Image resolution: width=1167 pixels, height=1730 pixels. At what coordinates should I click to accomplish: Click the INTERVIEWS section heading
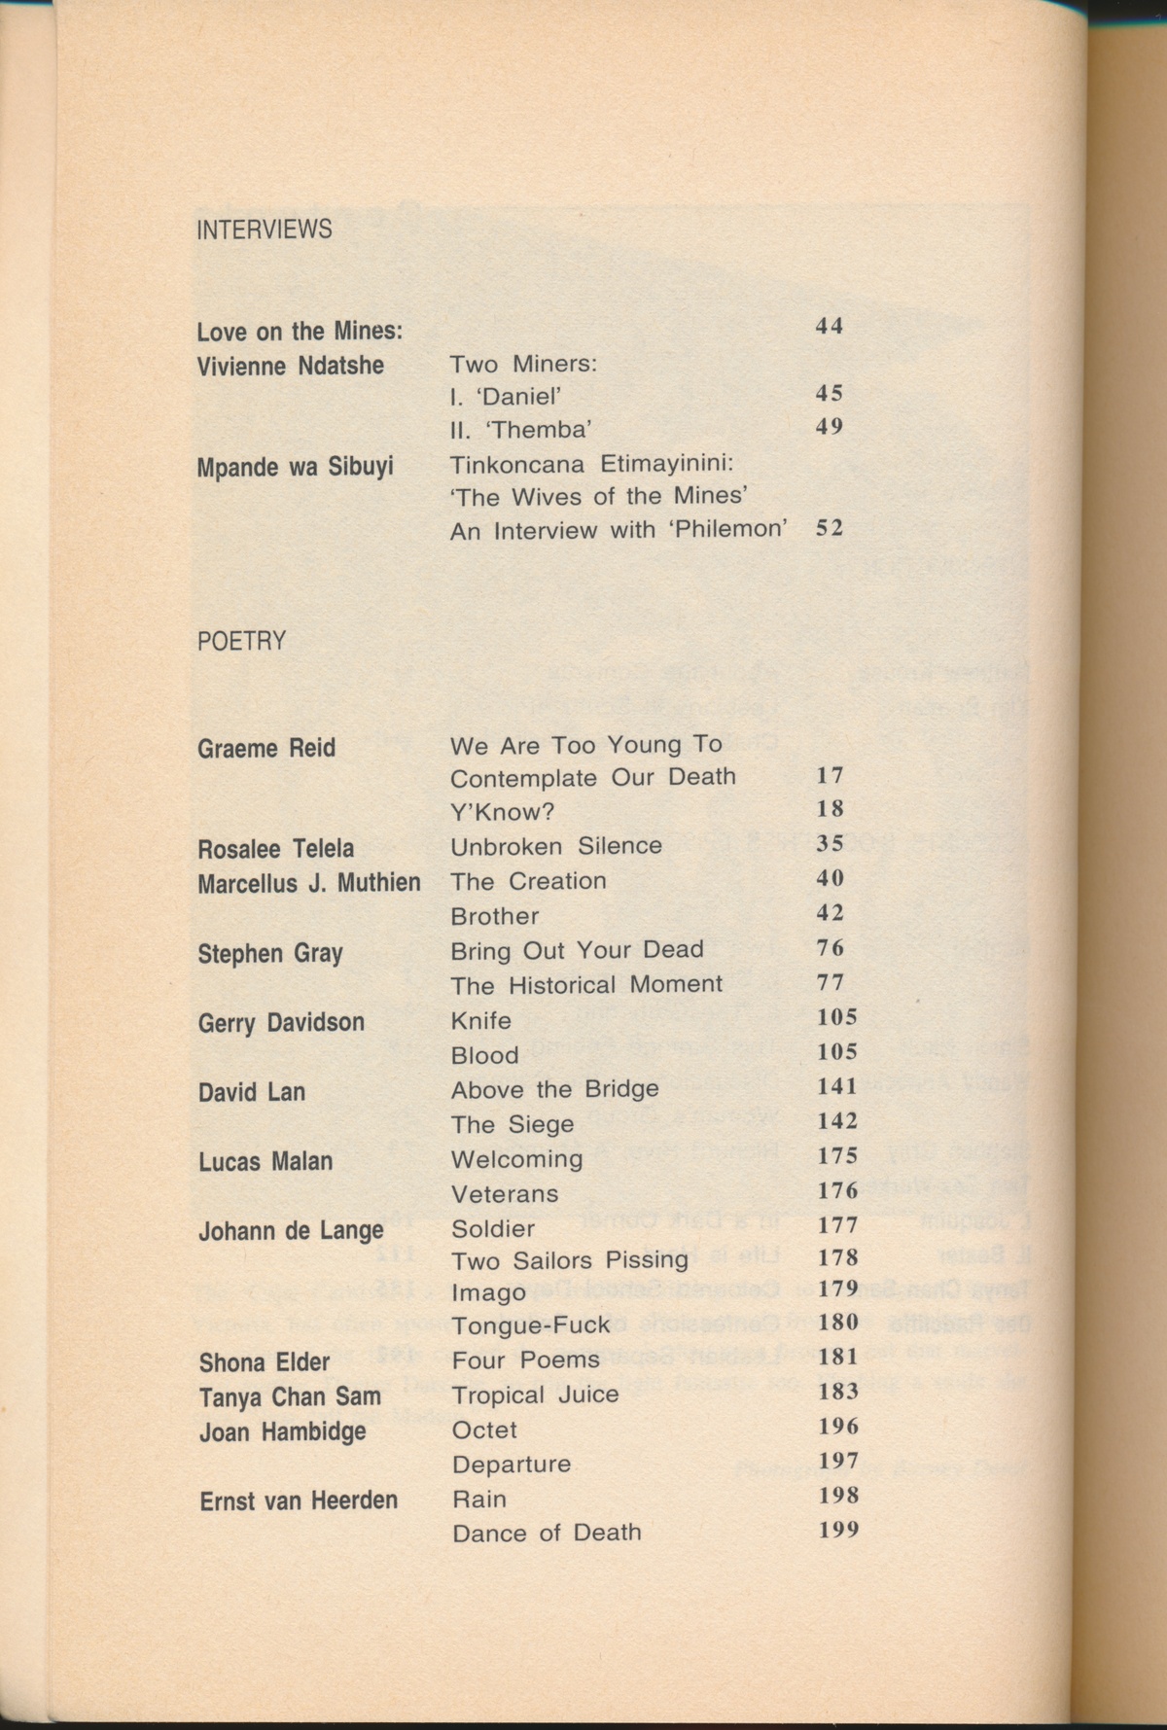click(x=265, y=229)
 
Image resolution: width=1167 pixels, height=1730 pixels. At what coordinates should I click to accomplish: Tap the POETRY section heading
click(x=242, y=641)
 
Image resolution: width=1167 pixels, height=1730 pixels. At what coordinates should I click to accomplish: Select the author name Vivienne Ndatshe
click(x=290, y=366)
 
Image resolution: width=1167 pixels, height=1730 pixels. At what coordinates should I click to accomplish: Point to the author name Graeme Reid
click(x=266, y=748)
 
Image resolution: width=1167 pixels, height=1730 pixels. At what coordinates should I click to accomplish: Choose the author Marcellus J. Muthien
click(x=309, y=882)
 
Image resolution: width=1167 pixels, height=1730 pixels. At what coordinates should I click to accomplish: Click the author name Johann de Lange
click(x=291, y=1230)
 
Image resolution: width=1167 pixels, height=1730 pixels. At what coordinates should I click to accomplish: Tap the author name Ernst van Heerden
click(x=299, y=1500)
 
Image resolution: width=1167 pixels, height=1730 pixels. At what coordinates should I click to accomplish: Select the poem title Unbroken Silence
click(x=556, y=846)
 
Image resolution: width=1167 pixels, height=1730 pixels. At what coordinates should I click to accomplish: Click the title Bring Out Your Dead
click(x=577, y=949)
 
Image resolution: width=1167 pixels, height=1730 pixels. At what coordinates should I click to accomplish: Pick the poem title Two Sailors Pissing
click(x=570, y=1260)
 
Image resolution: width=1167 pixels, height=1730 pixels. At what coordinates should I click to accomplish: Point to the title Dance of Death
click(x=547, y=1533)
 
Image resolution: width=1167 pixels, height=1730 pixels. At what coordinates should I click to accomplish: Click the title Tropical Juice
click(x=535, y=1395)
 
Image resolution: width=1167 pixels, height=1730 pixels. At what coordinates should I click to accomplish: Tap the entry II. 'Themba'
click(x=521, y=429)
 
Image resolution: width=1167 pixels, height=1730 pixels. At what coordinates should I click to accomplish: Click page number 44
click(x=829, y=326)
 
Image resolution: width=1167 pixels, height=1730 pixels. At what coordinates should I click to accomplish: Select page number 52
click(x=829, y=528)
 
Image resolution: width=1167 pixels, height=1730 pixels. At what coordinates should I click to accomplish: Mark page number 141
click(x=837, y=1086)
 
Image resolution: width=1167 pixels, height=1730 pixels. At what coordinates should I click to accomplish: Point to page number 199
click(x=838, y=1530)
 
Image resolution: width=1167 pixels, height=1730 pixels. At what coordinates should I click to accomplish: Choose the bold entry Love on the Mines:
click(x=300, y=332)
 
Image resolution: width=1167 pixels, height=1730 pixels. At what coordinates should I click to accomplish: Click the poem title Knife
click(x=480, y=1020)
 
